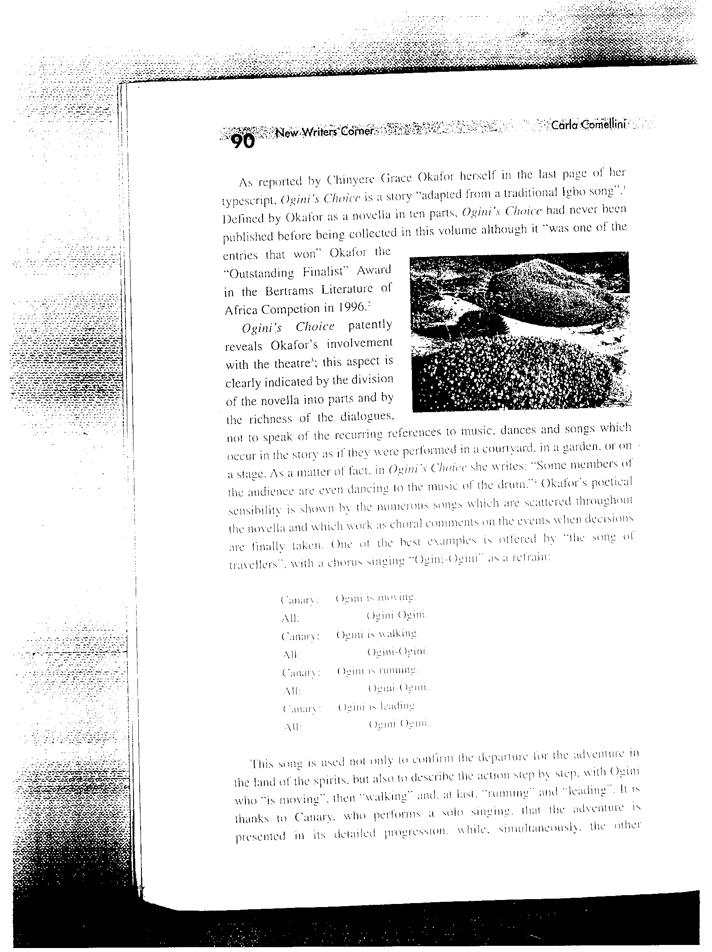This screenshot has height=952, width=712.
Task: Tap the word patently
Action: [x=369, y=326]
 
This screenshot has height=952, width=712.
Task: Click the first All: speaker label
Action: [x=290, y=619]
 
